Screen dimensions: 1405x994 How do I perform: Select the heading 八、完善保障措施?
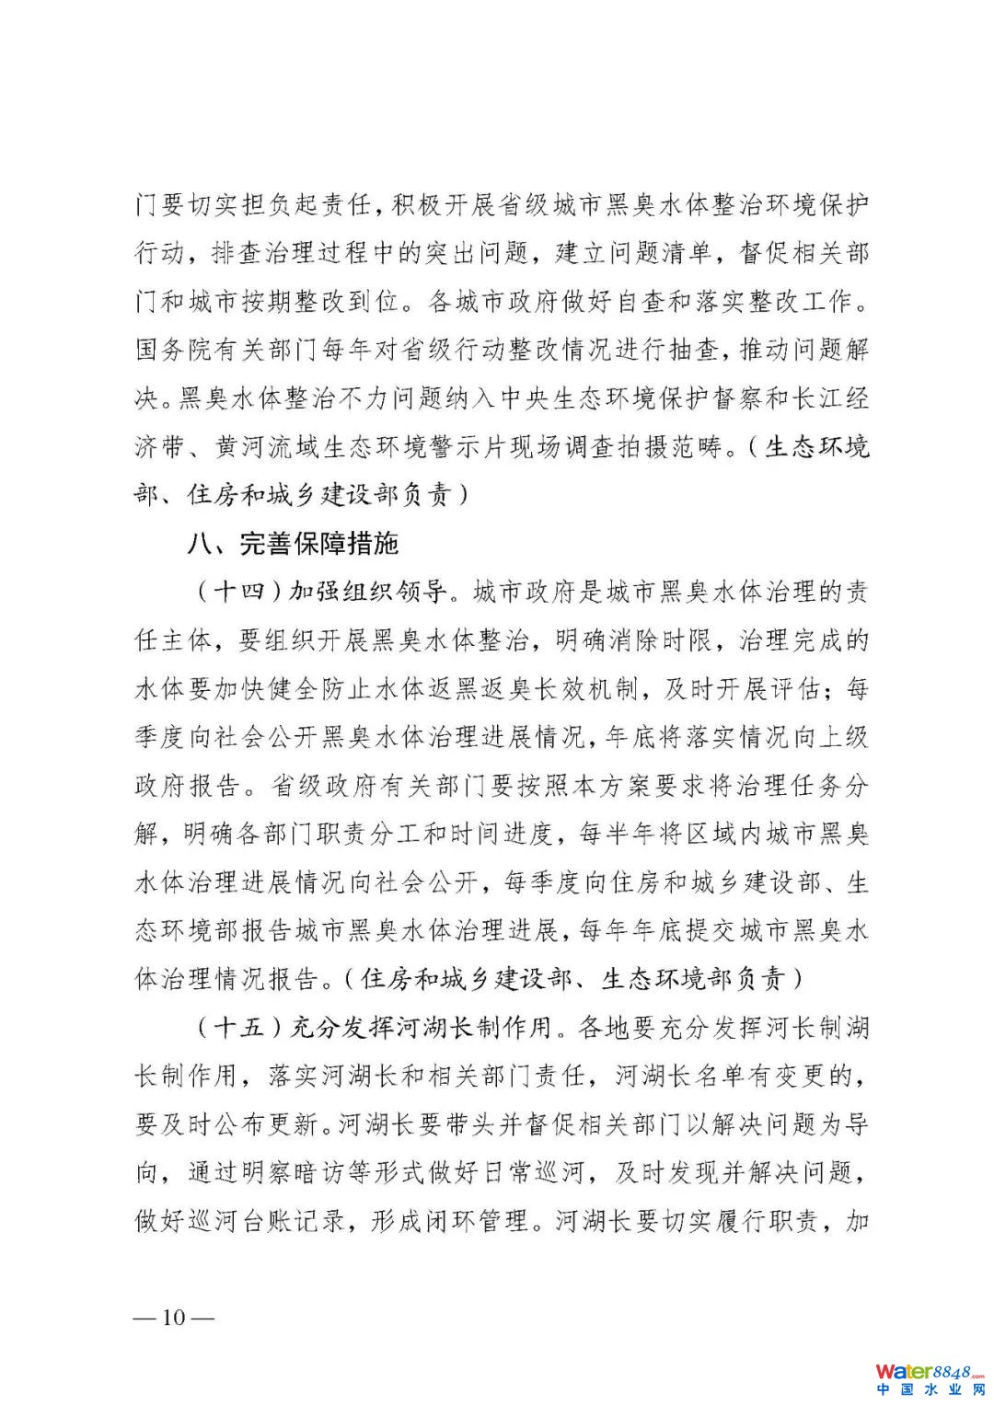coord(293,543)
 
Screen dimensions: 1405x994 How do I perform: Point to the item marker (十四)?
coord(238,592)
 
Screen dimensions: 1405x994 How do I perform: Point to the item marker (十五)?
coord(238,1027)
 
